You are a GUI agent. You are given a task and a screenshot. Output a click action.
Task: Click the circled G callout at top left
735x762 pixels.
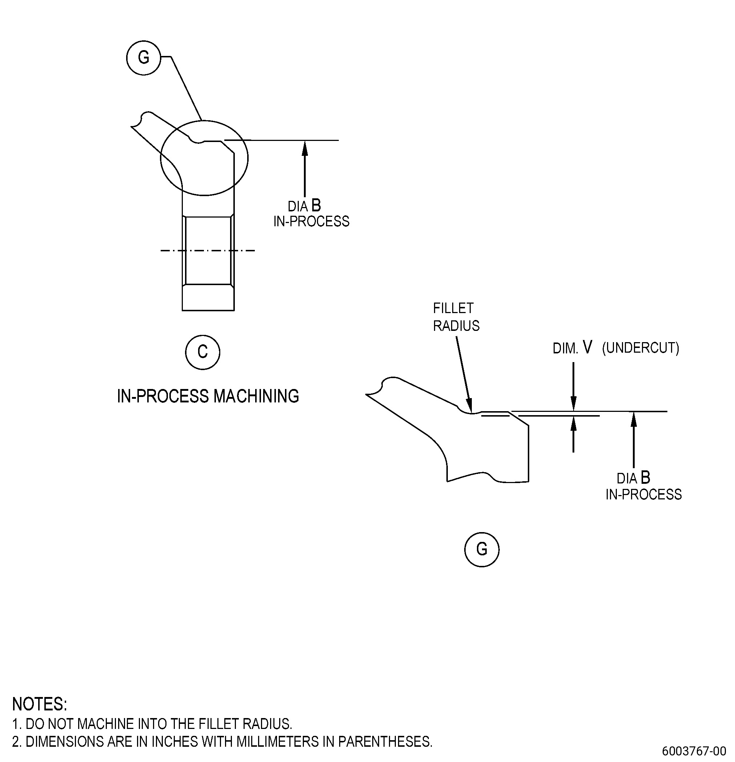click(144, 58)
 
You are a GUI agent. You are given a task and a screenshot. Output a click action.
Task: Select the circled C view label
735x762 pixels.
click(202, 352)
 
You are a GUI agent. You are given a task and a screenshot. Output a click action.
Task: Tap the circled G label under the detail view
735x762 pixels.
click(482, 549)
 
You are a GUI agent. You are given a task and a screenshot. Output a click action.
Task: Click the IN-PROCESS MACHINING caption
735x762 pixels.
click(208, 396)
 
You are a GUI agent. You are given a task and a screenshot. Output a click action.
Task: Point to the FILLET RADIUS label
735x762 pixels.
click(456, 317)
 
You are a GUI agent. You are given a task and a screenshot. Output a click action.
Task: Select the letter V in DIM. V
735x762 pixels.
click(587, 347)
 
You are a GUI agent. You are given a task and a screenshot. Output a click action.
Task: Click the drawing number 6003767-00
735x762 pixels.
click(694, 750)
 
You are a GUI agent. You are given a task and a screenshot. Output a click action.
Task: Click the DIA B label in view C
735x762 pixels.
click(304, 206)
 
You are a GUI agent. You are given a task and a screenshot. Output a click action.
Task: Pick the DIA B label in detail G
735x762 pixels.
click(634, 478)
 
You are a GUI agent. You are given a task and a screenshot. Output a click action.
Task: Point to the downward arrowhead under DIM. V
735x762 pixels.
click(573, 404)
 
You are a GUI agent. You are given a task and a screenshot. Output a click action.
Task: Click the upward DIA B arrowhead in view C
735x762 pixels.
click(305, 148)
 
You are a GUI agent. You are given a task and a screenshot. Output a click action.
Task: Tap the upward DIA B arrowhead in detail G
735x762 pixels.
click(634, 419)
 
